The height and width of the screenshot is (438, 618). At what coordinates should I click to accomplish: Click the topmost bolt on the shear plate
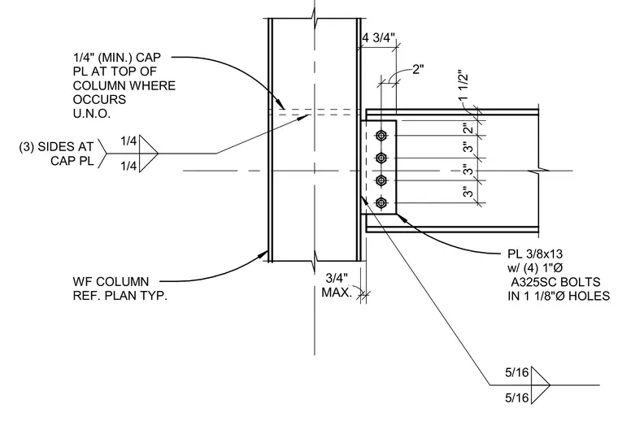point(381,136)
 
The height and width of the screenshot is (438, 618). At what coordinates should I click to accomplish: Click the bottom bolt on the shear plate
point(381,203)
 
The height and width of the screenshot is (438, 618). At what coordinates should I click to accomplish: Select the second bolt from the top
point(381,158)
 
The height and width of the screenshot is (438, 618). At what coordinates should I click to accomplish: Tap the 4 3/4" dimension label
point(378,38)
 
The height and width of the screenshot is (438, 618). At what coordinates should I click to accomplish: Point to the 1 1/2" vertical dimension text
point(463,85)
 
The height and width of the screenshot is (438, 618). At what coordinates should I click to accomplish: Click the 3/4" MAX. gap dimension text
point(336,285)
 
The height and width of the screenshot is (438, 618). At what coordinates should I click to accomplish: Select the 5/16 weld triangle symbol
point(540,385)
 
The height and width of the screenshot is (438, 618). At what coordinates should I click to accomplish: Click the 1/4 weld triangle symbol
point(148,154)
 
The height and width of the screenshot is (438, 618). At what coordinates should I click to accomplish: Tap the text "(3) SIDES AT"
point(56,147)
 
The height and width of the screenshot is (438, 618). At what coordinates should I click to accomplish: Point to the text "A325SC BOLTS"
point(555,282)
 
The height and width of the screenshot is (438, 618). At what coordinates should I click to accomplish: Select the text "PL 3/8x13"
point(535,254)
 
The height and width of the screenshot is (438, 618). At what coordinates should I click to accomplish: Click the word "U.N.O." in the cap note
point(91,114)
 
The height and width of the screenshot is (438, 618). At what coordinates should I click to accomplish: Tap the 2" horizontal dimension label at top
point(418,70)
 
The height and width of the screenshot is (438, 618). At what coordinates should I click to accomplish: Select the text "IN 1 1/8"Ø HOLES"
point(559,296)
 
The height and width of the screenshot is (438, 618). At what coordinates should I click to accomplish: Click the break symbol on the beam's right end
point(538,171)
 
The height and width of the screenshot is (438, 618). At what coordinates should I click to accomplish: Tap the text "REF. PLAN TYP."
point(120,296)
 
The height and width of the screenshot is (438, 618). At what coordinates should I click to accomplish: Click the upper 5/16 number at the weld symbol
point(516,372)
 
